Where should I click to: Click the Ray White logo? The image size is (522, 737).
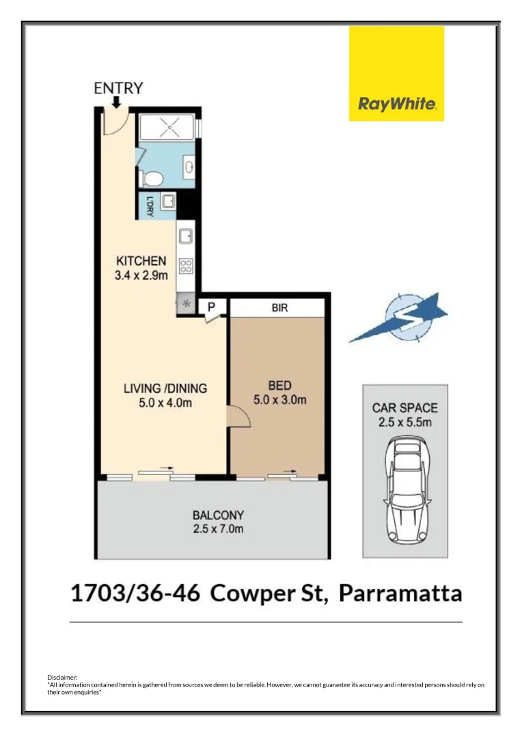click(396, 74)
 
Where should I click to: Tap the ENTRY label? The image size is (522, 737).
click(118, 88)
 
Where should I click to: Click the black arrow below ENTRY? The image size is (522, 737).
click(116, 102)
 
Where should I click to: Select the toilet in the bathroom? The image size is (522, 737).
click(151, 179)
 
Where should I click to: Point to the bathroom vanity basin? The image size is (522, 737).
click(189, 167)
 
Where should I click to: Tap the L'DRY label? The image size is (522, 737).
click(148, 206)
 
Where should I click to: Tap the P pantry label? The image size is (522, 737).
click(212, 308)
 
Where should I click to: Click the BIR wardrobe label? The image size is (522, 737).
click(279, 308)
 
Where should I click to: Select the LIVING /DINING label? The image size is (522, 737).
click(165, 389)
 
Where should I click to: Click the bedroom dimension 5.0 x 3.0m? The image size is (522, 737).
click(280, 400)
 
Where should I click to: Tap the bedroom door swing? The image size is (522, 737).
click(236, 416)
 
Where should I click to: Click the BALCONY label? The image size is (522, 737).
click(218, 515)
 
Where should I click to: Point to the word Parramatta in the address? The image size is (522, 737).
click(400, 593)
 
